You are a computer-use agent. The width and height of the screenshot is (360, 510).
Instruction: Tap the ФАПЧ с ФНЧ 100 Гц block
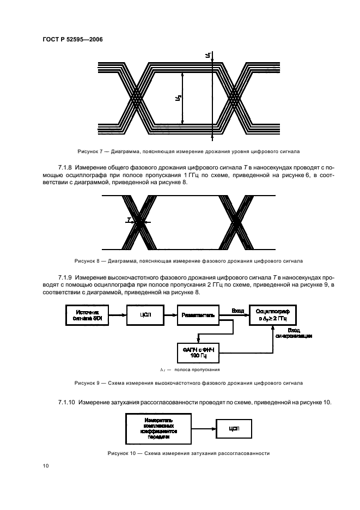198,352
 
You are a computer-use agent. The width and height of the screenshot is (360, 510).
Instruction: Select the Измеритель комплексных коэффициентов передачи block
158,429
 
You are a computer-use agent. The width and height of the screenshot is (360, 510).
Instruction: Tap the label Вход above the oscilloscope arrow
237,311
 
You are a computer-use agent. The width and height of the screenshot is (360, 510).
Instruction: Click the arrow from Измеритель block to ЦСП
204,429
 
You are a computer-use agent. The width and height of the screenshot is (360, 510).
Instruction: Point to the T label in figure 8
129,220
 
